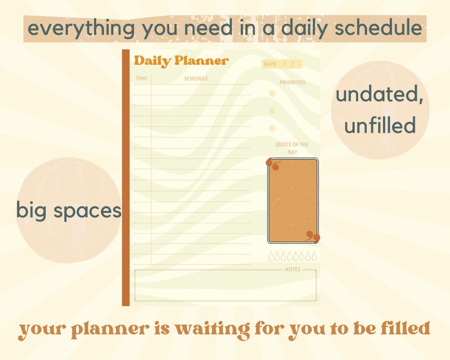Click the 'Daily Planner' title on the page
tap(181, 61)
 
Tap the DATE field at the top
tap(281, 64)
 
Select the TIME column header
tap(141, 78)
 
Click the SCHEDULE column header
tap(196, 78)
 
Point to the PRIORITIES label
tap(292, 83)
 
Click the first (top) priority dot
tap(272, 93)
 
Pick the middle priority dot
tap(272, 111)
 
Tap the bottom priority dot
tap(272, 129)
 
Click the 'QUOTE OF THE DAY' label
tap(292, 149)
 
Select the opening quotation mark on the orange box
tap(274, 166)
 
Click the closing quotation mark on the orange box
tap(313, 236)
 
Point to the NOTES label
tap(292, 269)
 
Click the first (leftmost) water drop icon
tap(271, 256)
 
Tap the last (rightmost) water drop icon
tap(315, 256)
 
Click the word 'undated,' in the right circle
tap(380, 95)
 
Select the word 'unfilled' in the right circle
tap(380, 125)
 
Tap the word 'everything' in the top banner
tap(82, 28)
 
